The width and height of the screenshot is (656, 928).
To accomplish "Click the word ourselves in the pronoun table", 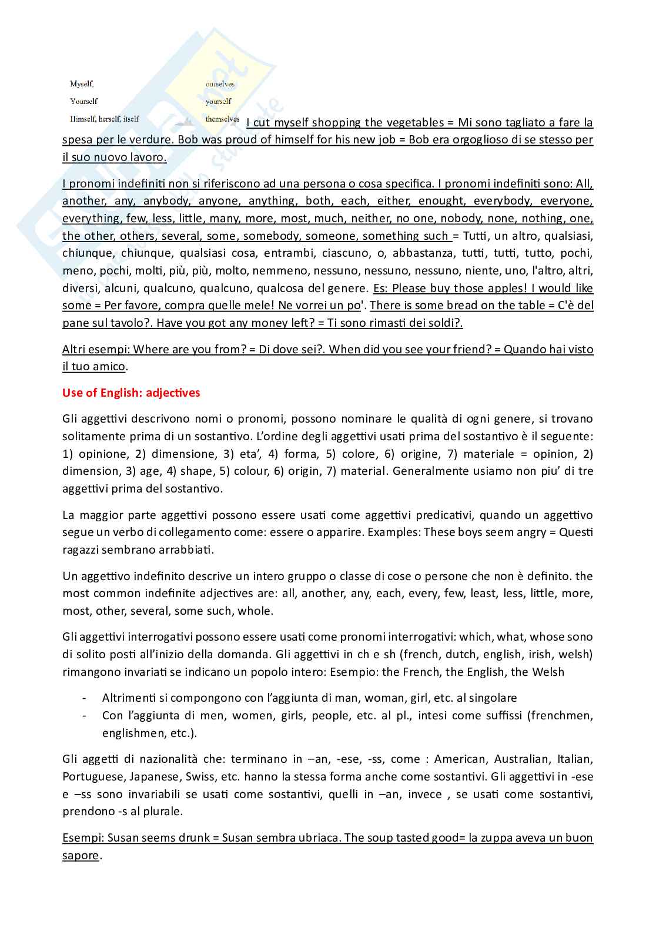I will point(220,84).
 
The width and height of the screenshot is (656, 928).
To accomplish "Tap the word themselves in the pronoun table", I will point(222,119).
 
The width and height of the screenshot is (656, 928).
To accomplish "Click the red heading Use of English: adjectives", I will point(131,393).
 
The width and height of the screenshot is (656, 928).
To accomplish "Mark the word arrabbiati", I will point(186,550).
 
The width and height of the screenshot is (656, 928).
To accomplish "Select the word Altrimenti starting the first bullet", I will point(127,698).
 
